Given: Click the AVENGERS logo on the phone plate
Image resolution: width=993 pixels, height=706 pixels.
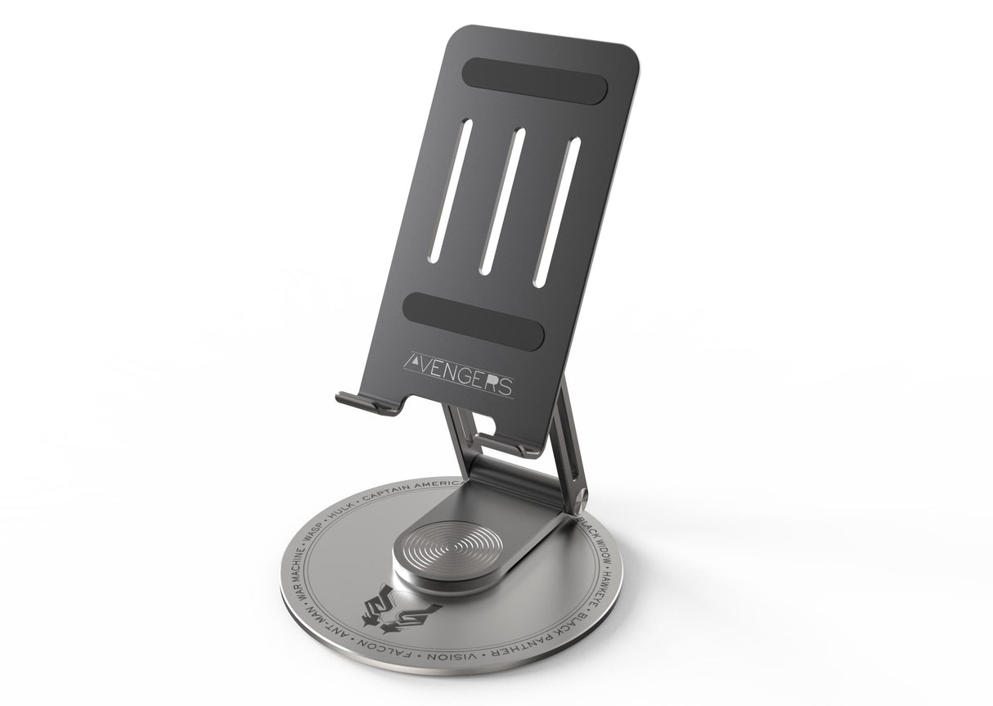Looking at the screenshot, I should (460, 371).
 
